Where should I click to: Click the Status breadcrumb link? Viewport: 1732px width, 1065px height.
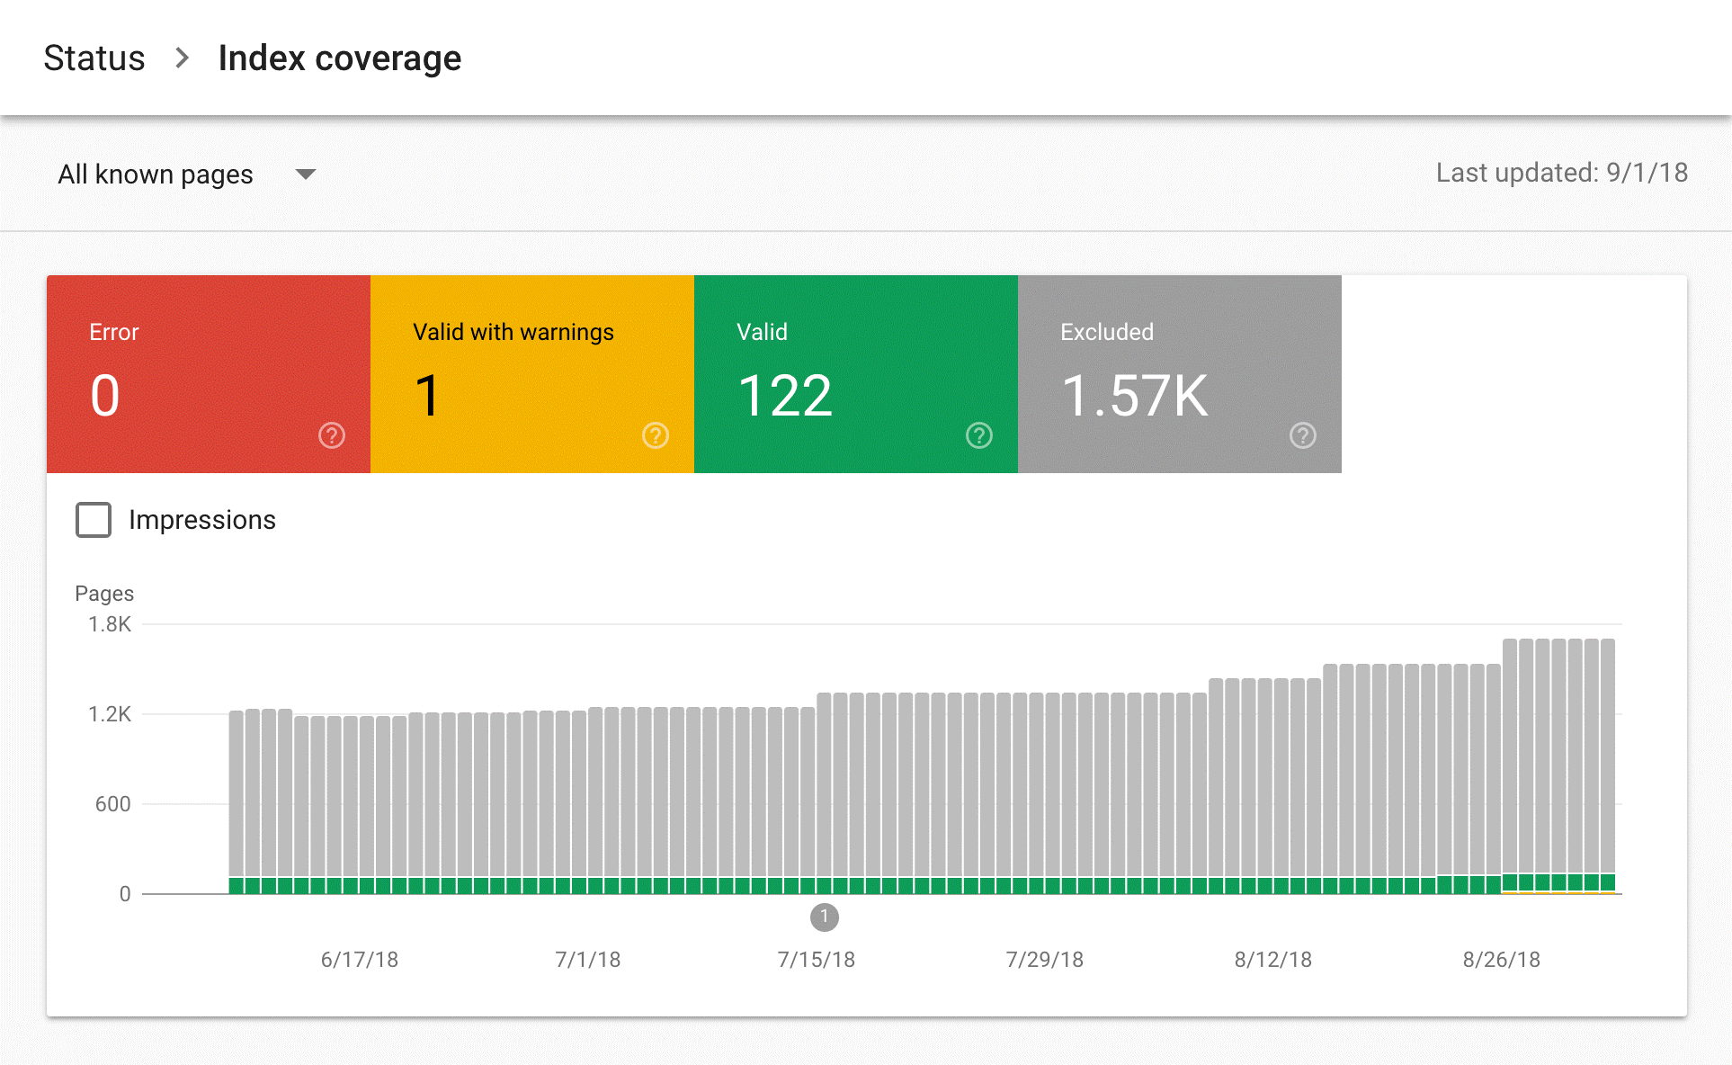[94, 58]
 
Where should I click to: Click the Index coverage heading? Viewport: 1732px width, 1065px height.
[339, 58]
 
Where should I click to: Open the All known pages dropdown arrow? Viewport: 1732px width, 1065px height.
[306, 174]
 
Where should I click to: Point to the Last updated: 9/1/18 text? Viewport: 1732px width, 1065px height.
[1561, 173]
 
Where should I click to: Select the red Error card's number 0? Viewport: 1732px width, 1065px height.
[105, 396]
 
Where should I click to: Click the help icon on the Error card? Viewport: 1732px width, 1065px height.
[332, 435]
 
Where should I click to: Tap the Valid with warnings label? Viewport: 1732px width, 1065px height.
[513, 332]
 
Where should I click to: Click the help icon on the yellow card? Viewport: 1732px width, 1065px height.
[656, 435]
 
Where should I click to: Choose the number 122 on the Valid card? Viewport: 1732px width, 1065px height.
[785, 396]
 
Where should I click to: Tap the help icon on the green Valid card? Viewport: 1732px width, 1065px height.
[979, 435]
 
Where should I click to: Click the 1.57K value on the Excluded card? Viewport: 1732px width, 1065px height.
[1135, 396]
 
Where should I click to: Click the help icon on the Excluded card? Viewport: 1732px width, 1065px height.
[1303, 435]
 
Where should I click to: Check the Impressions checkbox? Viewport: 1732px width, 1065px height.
[94, 520]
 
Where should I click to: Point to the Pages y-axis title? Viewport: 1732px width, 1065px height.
[104, 594]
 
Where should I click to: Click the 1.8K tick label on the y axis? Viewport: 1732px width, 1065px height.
[110, 624]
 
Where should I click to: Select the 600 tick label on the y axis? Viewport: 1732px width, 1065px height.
[113, 804]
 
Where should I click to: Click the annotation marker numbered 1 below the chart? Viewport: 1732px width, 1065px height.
[825, 917]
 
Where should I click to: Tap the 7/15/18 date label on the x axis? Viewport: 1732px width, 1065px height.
[816, 960]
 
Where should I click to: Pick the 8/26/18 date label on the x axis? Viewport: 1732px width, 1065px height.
[1501, 960]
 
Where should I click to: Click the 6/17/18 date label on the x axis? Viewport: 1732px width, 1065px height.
[359, 960]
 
